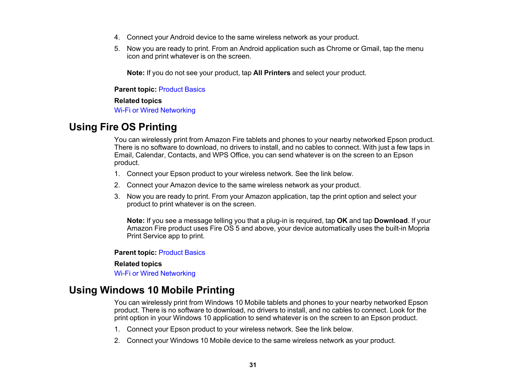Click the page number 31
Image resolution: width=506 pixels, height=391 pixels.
pyautogui.click(x=253, y=365)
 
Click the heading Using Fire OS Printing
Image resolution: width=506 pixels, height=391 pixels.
pyautogui.click(x=123, y=127)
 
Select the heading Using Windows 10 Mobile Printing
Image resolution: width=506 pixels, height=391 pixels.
pyautogui.click(x=151, y=290)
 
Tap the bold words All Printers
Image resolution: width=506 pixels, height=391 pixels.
pyautogui.click(x=272, y=73)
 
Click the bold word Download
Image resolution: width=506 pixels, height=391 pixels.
pyautogui.click(x=391, y=221)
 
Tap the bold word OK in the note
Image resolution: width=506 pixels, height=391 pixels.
pyautogui.click(x=342, y=221)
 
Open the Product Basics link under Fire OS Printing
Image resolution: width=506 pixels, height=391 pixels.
pyautogui.click(x=182, y=253)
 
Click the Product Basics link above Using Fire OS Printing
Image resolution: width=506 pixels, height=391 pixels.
pyautogui.click(x=182, y=90)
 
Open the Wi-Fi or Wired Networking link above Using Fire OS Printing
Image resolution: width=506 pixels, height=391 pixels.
pyautogui.click(x=155, y=110)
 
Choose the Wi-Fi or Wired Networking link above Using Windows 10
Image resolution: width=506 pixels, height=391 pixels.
pyautogui.click(x=155, y=274)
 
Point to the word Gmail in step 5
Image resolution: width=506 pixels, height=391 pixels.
pyautogui.click(x=370, y=49)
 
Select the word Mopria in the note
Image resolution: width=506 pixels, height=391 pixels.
pyautogui.click(x=419, y=228)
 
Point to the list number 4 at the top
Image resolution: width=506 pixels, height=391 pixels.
pyautogui.click(x=117, y=37)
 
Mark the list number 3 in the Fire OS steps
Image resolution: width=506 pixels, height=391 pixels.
pyautogui.click(x=117, y=197)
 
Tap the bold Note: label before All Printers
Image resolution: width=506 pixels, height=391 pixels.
pyautogui.click(x=136, y=73)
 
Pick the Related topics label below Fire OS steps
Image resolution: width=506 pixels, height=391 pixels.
pyautogui.click(x=138, y=264)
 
